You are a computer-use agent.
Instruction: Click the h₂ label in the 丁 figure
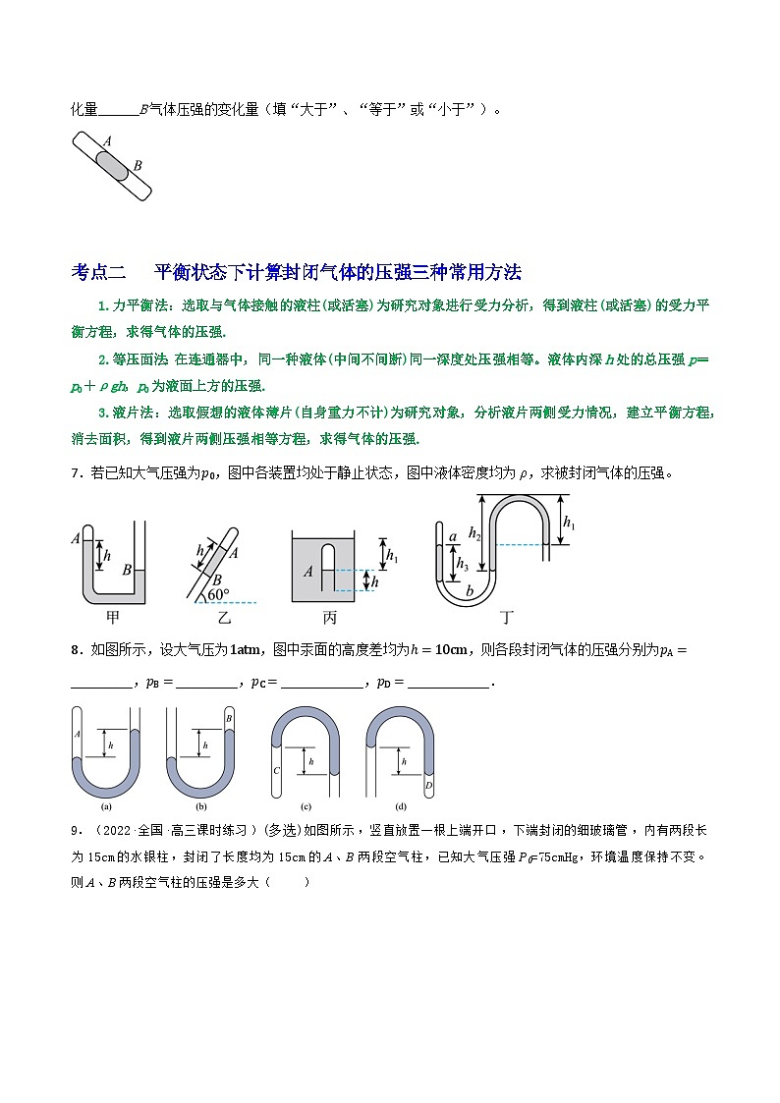click(x=474, y=533)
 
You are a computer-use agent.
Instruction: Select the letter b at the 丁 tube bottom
click(x=469, y=591)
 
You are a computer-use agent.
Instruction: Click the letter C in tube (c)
click(x=277, y=770)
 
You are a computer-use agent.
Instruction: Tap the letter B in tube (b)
click(x=228, y=719)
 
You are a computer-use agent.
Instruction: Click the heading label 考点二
click(x=99, y=272)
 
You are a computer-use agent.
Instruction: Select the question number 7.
click(x=75, y=473)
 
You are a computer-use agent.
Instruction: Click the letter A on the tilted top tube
click(x=105, y=141)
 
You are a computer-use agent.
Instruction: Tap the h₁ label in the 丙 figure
click(x=391, y=556)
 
